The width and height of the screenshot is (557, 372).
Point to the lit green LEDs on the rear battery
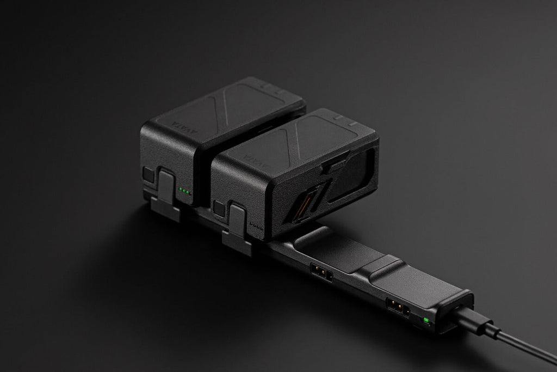(x=185, y=191)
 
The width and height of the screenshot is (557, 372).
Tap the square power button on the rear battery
(x=147, y=174)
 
